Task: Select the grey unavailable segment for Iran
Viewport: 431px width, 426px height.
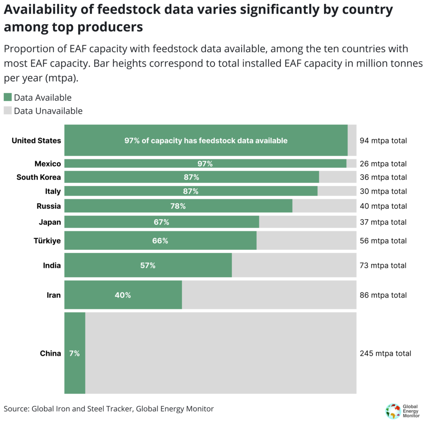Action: coord(269,295)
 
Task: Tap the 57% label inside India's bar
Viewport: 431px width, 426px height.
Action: coord(148,265)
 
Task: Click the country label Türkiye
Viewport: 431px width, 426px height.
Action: coord(47,241)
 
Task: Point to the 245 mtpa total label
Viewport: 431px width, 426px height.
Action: coord(385,354)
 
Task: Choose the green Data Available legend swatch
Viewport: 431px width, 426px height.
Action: coord(8,97)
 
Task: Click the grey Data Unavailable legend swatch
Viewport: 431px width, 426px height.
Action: coord(8,111)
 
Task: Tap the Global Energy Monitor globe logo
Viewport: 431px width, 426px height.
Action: coord(393,411)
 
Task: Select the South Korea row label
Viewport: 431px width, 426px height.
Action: coord(39,177)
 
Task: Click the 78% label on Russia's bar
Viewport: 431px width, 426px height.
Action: coord(178,206)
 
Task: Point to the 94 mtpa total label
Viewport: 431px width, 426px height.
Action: coord(383,141)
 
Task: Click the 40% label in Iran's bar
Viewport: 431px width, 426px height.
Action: coord(123,295)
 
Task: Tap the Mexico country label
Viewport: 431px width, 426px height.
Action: coord(48,163)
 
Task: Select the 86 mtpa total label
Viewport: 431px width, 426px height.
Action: coord(383,295)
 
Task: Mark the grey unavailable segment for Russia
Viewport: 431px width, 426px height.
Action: coord(324,206)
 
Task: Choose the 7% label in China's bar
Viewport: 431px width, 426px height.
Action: coord(74,354)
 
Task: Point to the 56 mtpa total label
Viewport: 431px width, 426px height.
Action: coord(383,241)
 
